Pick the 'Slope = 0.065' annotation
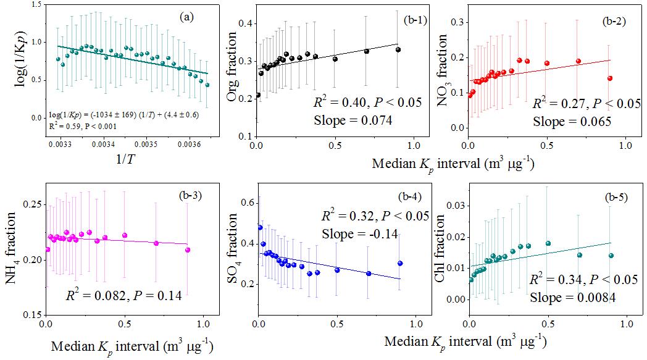(572, 122)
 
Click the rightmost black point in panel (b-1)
(398, 49)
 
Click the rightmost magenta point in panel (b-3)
(188, 250)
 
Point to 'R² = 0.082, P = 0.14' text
(123, 295)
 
